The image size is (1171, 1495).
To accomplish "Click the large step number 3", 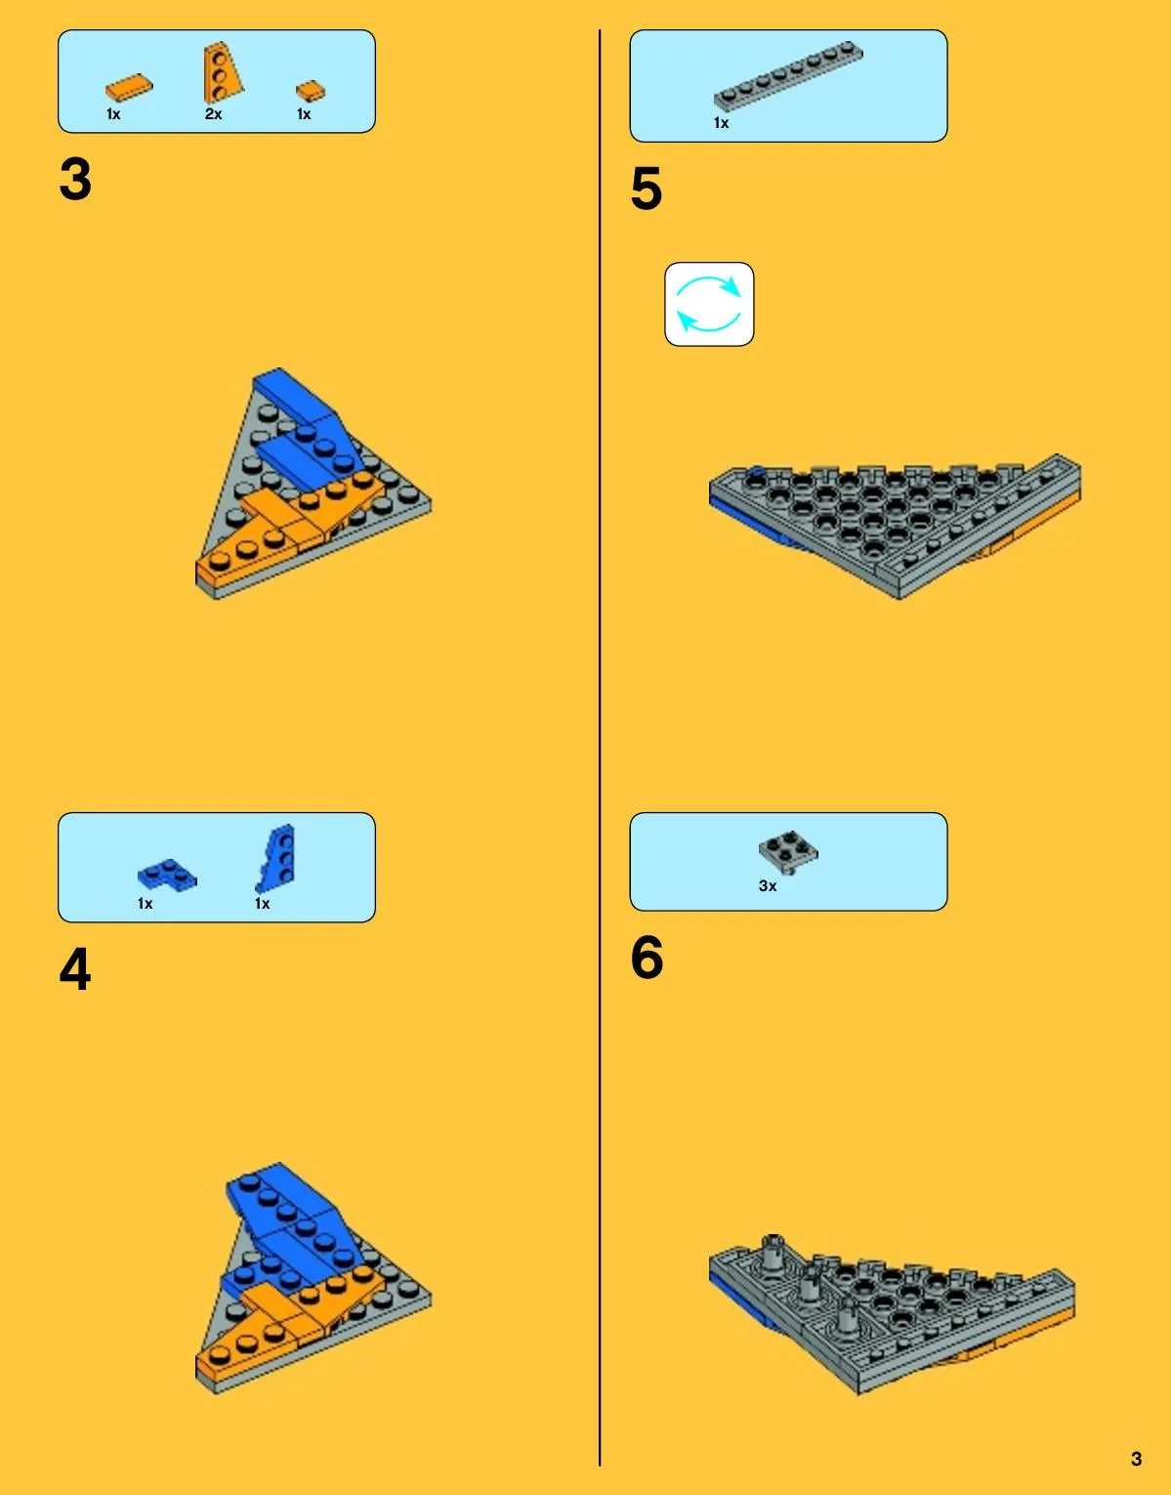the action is pos(75,179).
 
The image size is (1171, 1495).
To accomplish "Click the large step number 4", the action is pos(75,968).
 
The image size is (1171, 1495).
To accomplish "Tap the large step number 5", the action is pos(647,188).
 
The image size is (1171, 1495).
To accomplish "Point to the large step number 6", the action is pos(648,957).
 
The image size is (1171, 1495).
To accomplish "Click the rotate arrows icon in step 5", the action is pos(709,304).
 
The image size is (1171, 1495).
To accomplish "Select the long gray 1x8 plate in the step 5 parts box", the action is pos(788,75).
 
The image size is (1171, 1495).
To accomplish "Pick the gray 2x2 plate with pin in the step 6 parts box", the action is pos(789,852).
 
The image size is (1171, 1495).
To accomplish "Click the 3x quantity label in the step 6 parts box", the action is pos(768,886).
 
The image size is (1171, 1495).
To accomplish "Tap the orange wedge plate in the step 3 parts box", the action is pos(222,73).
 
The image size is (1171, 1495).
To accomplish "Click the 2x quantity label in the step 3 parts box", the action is pos(213,114).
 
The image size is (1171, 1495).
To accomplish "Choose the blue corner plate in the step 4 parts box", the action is pos(167,876).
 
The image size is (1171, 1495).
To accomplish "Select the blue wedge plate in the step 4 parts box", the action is pos(276,858).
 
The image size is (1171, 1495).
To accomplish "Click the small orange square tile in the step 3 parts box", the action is pos(311,92).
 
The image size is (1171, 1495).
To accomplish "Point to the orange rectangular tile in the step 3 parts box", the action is pos(129,87).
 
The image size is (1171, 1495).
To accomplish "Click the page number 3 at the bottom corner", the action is pos(1136,1459).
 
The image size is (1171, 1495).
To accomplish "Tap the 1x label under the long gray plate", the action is pos(721,123).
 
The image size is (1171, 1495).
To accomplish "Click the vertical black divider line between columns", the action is pos(600,747).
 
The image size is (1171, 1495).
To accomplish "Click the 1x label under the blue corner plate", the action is pos(146,903).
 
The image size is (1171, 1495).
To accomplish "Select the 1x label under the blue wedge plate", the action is pos(262,903).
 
